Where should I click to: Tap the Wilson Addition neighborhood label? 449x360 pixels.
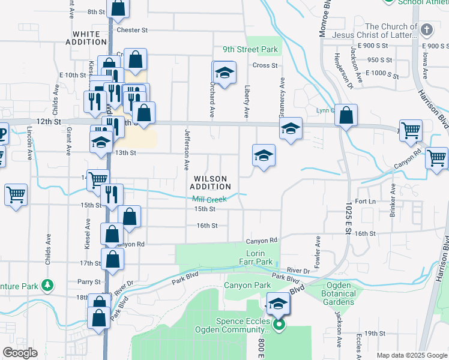coord(210,182)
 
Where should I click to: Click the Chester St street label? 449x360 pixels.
coord(132,30)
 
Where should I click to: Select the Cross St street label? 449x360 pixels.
coord(265,65)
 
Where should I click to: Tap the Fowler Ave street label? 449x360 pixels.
coord(318,250)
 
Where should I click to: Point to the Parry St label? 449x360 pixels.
coord(88,281)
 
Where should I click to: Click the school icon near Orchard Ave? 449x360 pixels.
coord(225,73)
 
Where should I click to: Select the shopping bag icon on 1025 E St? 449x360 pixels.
coord(346,116)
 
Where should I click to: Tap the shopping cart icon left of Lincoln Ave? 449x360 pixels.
coord(16,194)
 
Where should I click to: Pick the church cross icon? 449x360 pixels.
coord(426,29)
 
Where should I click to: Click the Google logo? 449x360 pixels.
coord(20,353)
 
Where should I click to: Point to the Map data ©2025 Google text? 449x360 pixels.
coord(411,355)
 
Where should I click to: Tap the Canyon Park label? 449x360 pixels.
coord(247,285)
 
